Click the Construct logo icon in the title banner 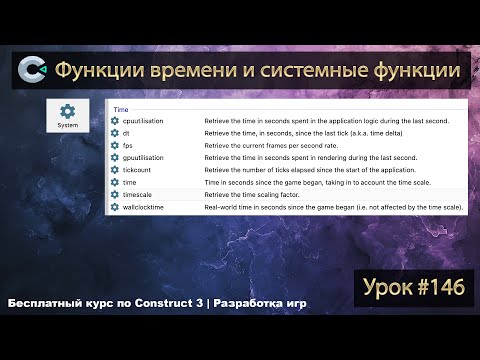click(33, 71)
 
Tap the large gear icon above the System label click(68, 112)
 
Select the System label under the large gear click(68, 126)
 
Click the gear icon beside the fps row click(115, 145)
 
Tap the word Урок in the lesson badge click(382, 288)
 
